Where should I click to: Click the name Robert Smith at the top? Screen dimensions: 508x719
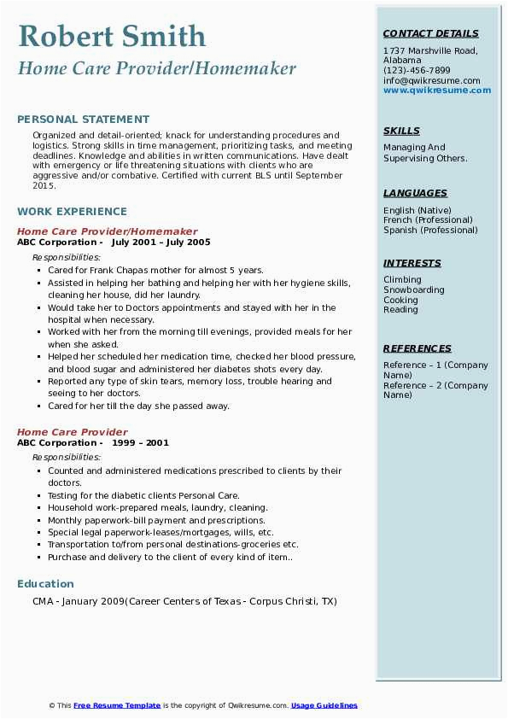(x=112, y=36)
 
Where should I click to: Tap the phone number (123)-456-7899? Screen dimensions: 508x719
(x=417, y=71)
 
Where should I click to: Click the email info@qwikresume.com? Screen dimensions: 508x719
(x=431, y=81)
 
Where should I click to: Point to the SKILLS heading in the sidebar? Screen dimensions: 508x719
(x=401, y=131)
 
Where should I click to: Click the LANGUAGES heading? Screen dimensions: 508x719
(x=415, y=193)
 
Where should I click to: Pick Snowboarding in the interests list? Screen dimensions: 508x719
(x=413, y=290)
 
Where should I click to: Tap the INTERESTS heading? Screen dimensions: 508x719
(x=412, y=263)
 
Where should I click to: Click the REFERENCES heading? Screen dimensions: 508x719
(x=417, y=348)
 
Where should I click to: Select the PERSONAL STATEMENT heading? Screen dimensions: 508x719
(x=83, y=120)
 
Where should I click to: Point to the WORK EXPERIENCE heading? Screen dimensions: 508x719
(x=72, y=211)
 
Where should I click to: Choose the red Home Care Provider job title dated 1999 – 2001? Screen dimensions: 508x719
(x=73, y=432)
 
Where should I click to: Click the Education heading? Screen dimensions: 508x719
(x=45, y=584)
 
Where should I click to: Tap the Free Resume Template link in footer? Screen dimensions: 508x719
(x=117, y=705)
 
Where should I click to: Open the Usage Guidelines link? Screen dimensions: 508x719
(x=324, y=705)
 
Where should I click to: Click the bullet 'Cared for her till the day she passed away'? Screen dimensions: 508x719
(x=138, y=406)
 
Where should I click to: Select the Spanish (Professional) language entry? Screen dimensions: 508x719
(x=431, y=231)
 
